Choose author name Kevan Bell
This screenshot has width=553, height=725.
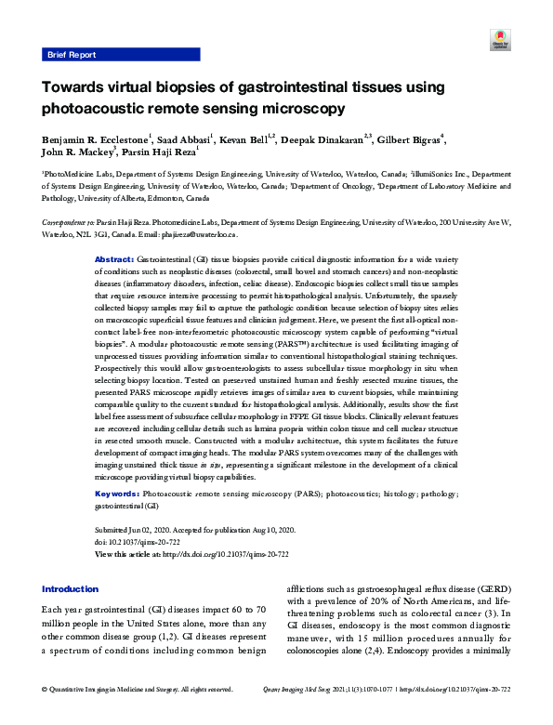point(246,140)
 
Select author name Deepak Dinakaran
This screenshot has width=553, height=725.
point(322,140)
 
